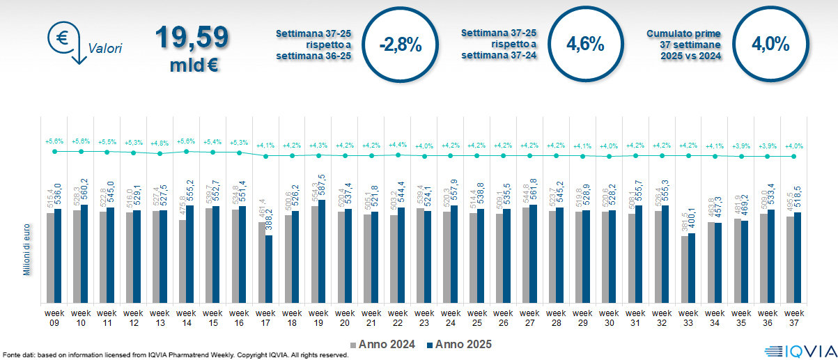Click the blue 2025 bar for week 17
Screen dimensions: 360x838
[269, 269]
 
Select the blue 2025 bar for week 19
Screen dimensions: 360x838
[322, 251]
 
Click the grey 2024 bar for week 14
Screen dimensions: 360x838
[183, 261]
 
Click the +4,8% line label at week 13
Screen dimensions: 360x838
[160, 143]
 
